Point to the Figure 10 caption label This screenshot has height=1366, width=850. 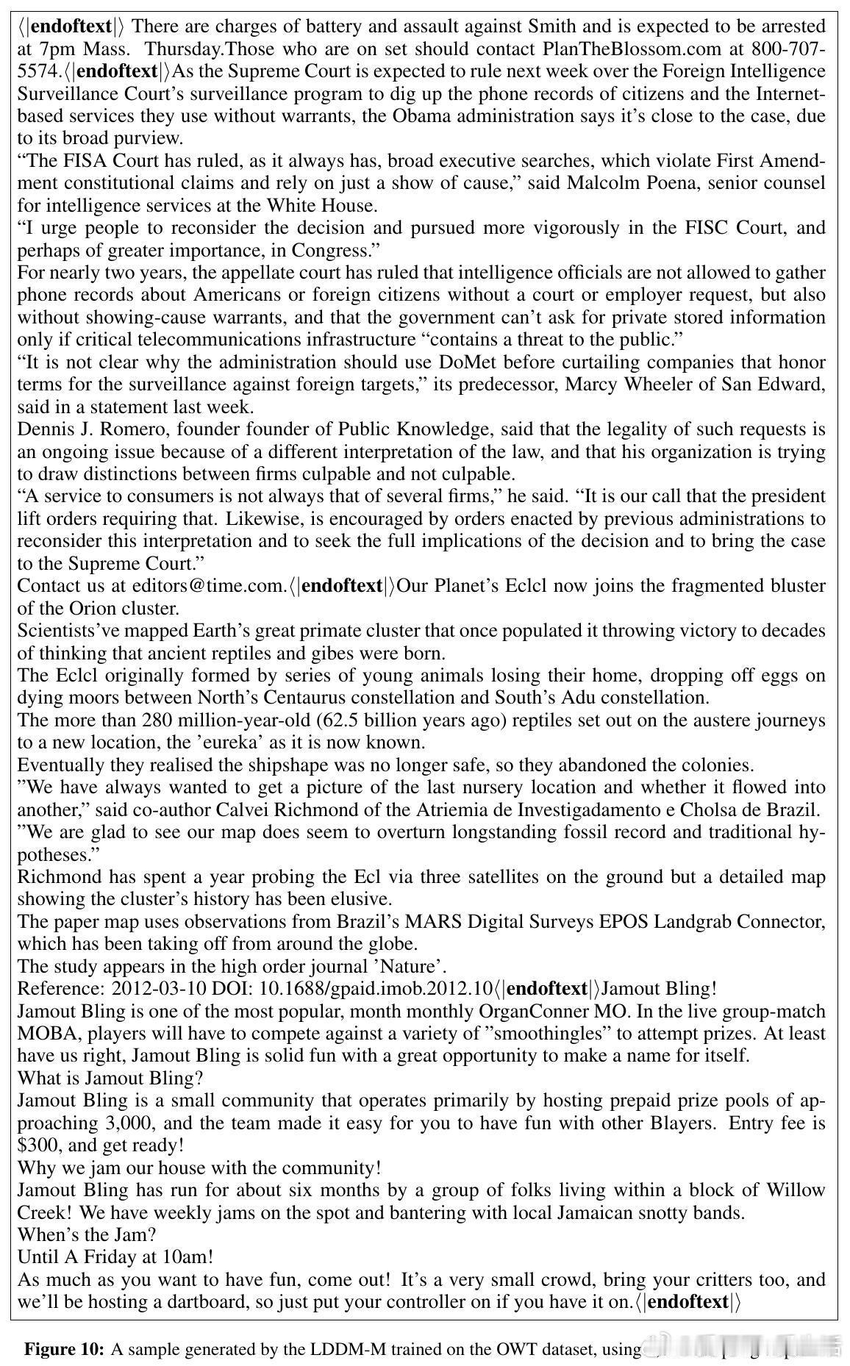coord(65,1349)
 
